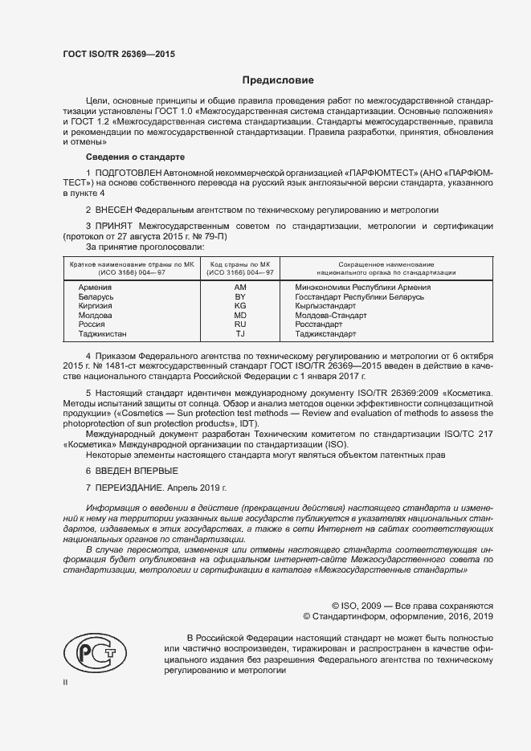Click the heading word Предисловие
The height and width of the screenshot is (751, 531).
279,80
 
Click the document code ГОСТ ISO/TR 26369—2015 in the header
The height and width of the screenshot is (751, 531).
118,54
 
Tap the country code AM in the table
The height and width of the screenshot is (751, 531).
240,287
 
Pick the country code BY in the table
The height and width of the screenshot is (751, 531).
240,296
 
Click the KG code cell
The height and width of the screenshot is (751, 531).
240,306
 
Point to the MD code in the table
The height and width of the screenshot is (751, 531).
240,315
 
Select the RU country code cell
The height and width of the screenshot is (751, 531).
240,324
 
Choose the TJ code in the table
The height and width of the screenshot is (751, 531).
240,333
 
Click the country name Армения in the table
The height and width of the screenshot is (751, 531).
95,287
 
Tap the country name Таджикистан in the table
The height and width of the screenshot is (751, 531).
103,333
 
